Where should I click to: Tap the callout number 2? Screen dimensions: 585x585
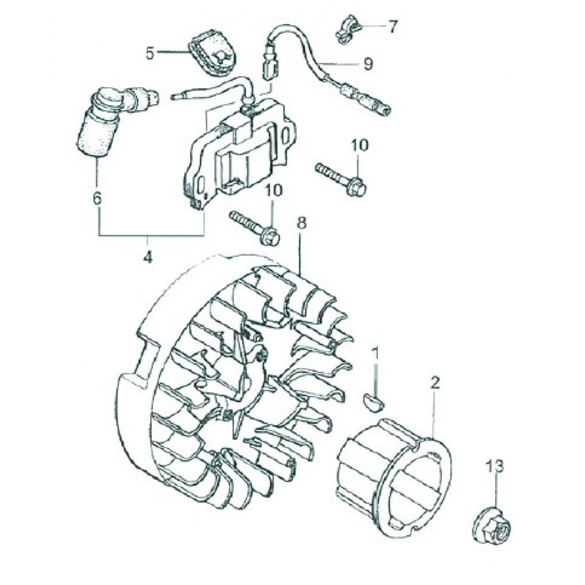point(435,382)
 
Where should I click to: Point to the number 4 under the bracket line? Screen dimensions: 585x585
point(147,256)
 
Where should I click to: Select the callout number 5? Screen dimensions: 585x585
point(149,53)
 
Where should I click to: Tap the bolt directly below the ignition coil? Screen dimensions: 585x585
point(255,227)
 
